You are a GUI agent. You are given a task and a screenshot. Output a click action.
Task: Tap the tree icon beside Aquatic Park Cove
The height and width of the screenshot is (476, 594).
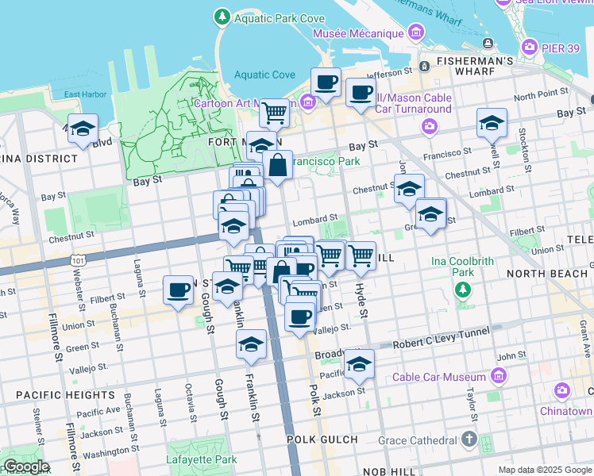[x=222, y=16]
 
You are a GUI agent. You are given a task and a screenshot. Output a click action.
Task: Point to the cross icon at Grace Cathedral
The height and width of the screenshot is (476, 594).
[x=469, y=439]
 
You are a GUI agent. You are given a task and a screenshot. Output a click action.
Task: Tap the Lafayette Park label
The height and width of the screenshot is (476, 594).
[x=202, y=459]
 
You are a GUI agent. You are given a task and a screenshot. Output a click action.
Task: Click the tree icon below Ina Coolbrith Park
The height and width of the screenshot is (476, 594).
[x=463, y=290]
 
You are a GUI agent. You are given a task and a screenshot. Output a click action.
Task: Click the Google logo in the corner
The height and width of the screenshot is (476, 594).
[x=25, y=466]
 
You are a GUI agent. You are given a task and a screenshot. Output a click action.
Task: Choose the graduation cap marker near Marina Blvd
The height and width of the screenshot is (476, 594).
[x=83, y=129]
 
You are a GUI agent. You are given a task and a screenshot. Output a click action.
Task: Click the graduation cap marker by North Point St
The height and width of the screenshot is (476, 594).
[x=492, y=123]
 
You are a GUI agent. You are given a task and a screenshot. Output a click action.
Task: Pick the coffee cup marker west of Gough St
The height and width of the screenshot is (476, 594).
[x=178, y=290]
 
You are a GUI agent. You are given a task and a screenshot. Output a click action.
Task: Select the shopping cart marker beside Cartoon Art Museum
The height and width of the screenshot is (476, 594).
[x=274, y=113]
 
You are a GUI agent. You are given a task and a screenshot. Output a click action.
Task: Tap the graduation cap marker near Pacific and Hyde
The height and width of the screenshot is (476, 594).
[x=359, y=364]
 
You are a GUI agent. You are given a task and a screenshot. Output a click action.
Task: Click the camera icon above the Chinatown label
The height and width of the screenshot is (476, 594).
[x=563, y=390]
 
